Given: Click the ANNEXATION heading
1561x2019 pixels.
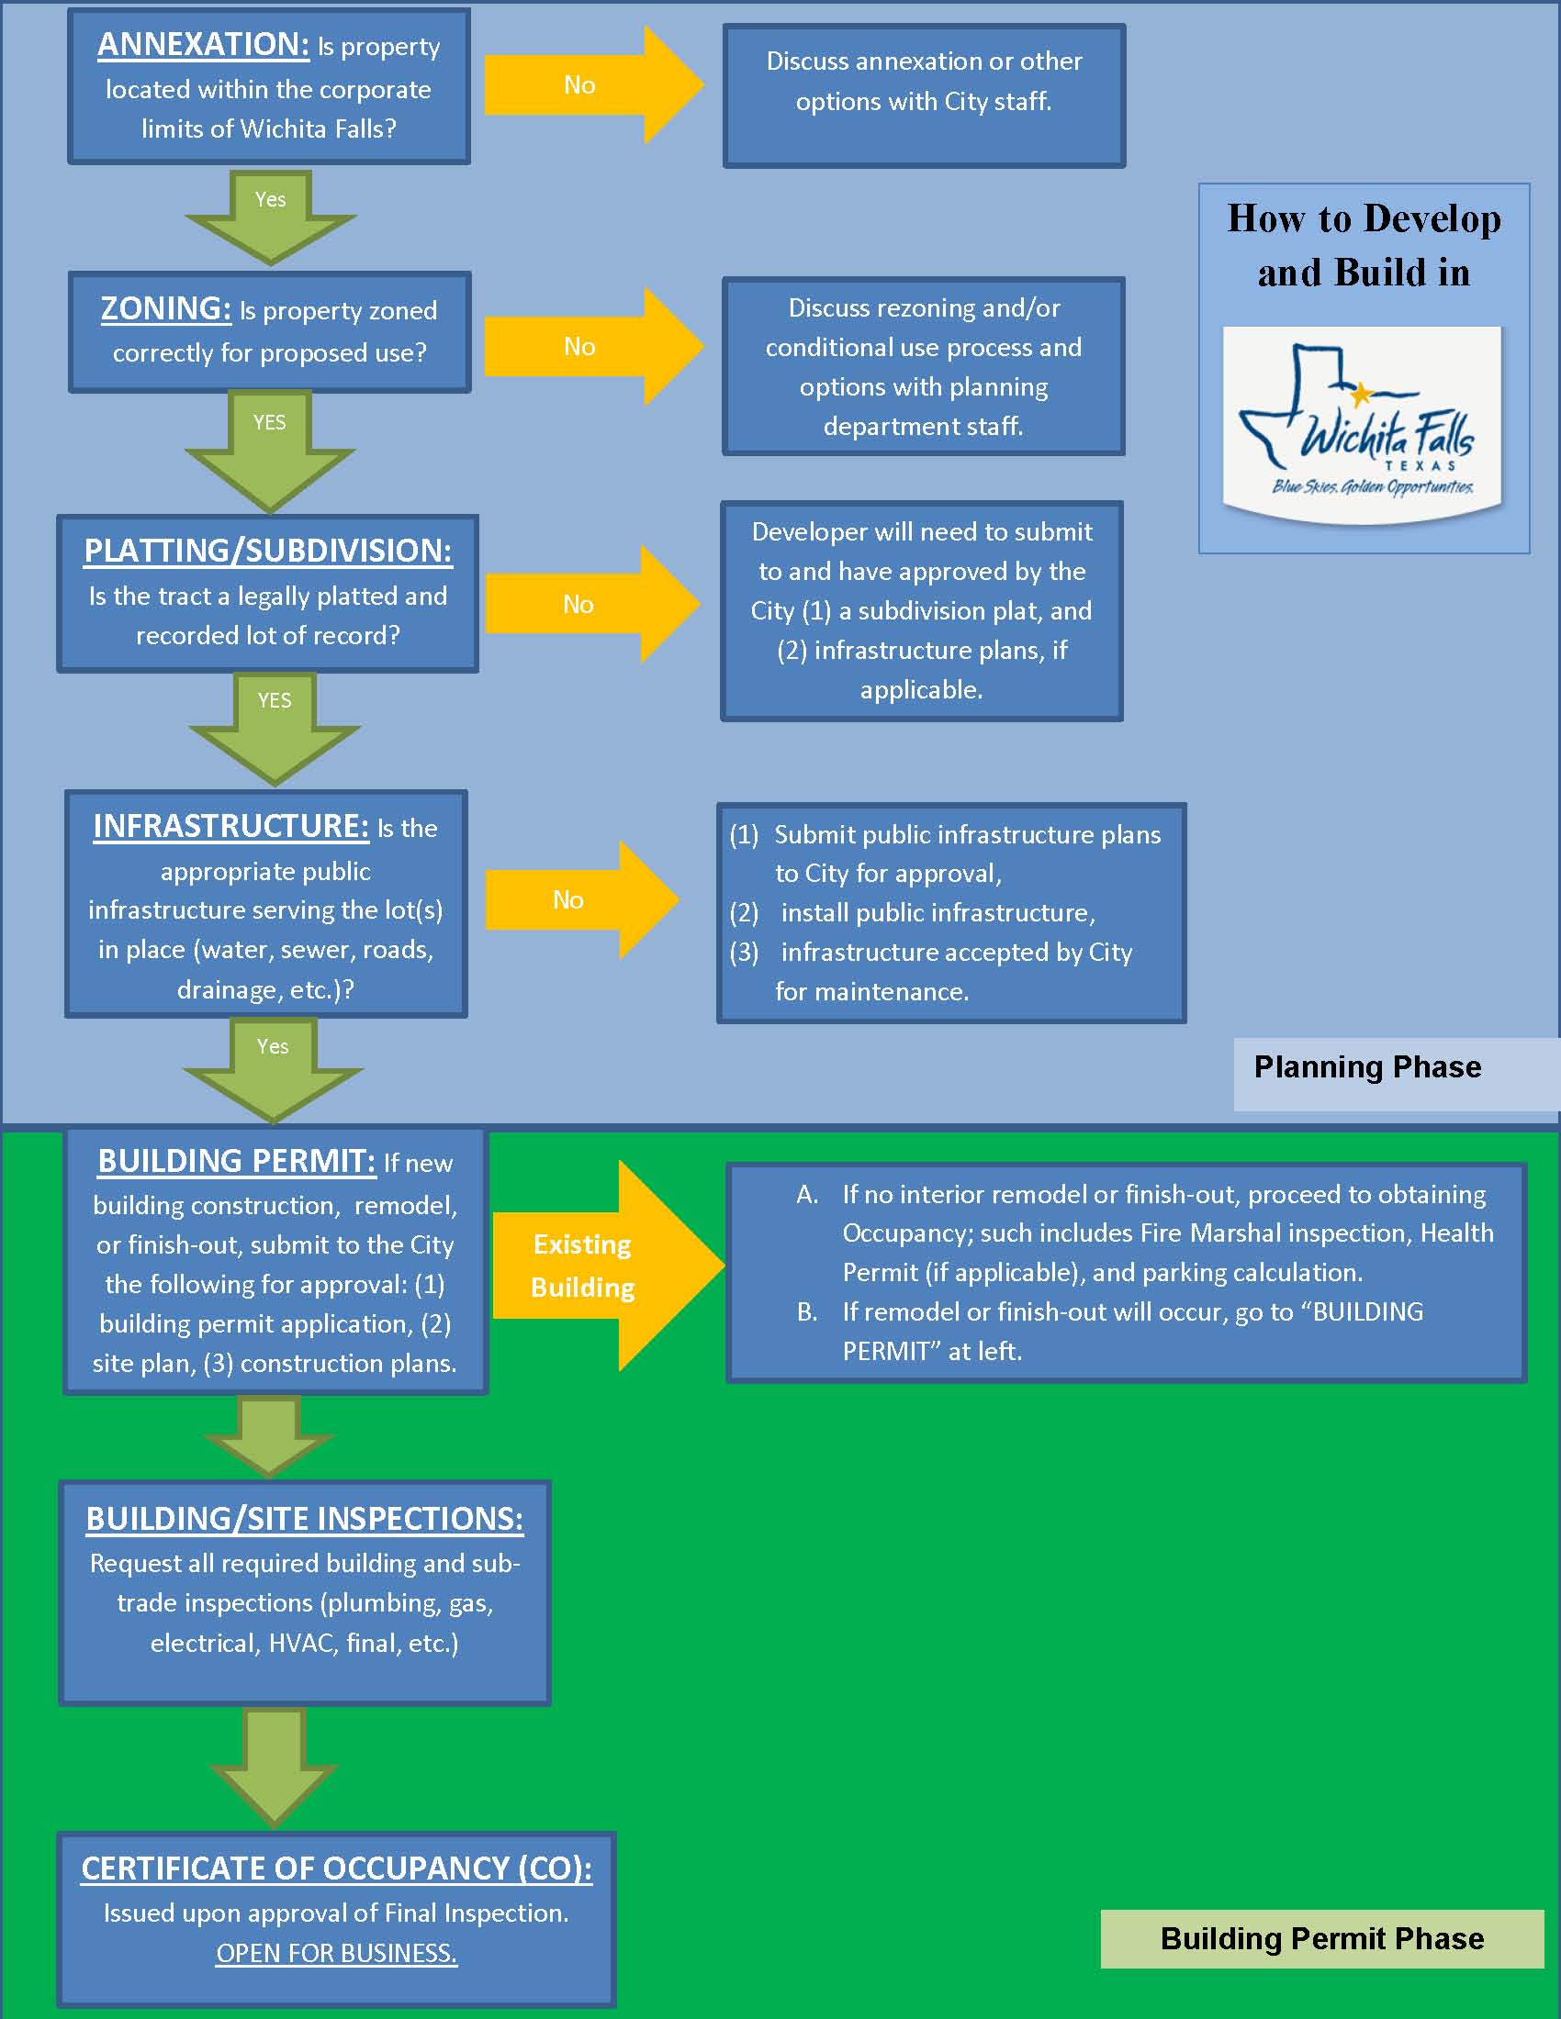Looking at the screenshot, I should tap(204, 44).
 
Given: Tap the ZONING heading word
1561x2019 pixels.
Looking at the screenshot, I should tap(165, 308).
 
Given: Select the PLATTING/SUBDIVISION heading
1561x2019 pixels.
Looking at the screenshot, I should tap(267, 551).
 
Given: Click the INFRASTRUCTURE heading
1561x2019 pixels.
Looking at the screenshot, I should tap(230, 827).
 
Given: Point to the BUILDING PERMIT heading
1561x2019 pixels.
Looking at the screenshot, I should tap(237, 1161).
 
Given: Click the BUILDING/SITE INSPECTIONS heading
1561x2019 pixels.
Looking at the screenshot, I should tap(304, 1519).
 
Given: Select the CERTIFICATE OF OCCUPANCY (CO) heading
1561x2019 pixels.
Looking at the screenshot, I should tap(337, 1868).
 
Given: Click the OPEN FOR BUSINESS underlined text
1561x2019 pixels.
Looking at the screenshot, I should tap(337, 1953).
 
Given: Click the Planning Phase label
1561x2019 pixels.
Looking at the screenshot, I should tap(1367, 1067).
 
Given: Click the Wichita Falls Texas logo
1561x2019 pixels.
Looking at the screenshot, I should tap(1361, 424).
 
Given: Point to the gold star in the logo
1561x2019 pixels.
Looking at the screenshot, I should tap(1360, 395).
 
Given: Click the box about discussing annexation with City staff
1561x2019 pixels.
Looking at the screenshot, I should tap(924, 95).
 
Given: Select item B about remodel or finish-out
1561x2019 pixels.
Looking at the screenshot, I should tap(1132, 1332).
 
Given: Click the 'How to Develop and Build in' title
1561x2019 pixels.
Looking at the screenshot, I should tap(1363, 246).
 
